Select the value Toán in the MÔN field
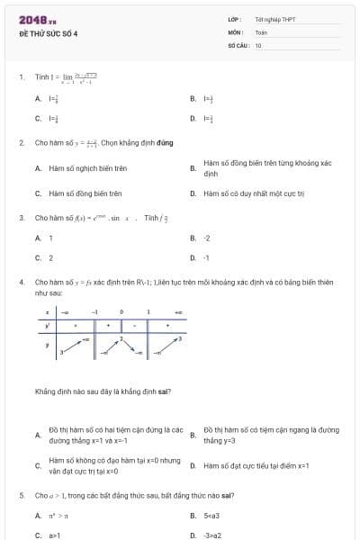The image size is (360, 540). [261, 31]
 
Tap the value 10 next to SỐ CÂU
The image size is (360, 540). [258, 44]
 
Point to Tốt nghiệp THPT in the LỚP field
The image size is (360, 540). [274, 19]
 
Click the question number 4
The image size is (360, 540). [22, 282]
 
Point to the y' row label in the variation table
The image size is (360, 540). [47, 326]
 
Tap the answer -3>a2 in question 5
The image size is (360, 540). [212, 535]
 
